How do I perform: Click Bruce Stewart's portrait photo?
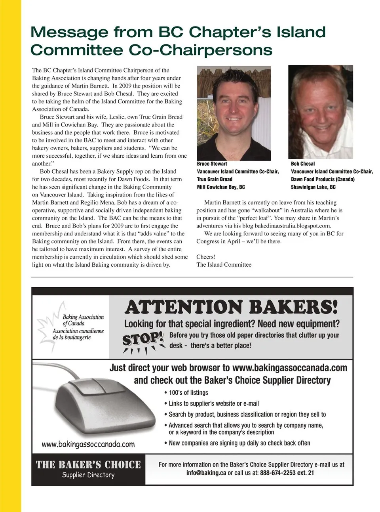click(234, 113)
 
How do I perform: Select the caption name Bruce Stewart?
click(212, 164)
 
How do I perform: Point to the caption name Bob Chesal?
click(303, 164)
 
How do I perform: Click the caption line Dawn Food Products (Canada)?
click(323, 179)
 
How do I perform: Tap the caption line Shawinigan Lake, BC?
click(313, 187)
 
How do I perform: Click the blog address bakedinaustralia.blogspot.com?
click(293, 226)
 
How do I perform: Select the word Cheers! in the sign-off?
click(206, 257)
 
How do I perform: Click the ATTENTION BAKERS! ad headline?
click(231, 307)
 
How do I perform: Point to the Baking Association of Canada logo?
click(73, 325)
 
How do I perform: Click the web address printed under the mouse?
click(88, 444)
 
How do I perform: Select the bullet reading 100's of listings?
click(188, 393)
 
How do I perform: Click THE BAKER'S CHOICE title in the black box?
click(88, 464)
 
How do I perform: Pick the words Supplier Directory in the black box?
click(88, 475)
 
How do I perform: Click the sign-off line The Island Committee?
click(224, 265)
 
